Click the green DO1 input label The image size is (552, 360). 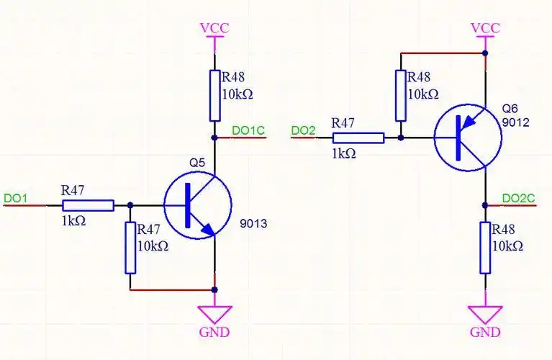pyautogui.click(x=15, y=198)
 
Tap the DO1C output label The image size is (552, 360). pyautogui.click(x=248, y=131)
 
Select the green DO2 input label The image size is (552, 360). pyautogui.click(x=303, y=131)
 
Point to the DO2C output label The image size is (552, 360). pyautogui.click(x=518, y=198)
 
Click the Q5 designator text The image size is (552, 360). pyautogui.click(x=196, y=163)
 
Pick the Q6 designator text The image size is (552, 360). pyautogui.click(x=510, y=108)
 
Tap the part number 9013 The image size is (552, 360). pyautogui.click(x=253, y=223)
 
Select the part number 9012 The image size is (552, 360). pyautogui.click(x=516, y=122)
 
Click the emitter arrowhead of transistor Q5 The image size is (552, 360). pyautogui.click(x=208, y=229)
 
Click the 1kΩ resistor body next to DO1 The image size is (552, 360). pyautogui.click(x=89, y=205)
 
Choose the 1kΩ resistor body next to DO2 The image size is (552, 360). pyautogui.click(x=358, y=138)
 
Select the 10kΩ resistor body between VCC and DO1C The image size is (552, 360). pyautogui.click(x=215, y=96)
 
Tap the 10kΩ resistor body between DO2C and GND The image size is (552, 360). pyautogui.click(x=485, y=248)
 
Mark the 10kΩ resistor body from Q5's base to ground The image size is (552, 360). pyautogui.click(x=130, y=248)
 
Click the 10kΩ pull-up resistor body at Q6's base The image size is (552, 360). pyautogui.click(x=401, y=96)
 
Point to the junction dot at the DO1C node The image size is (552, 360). pyautogui.click(x=214, y=138)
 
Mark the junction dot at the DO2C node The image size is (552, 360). pyautogui.click(x=485, y=205)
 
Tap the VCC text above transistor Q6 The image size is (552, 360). pyautogui.click(x=486, y=28)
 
